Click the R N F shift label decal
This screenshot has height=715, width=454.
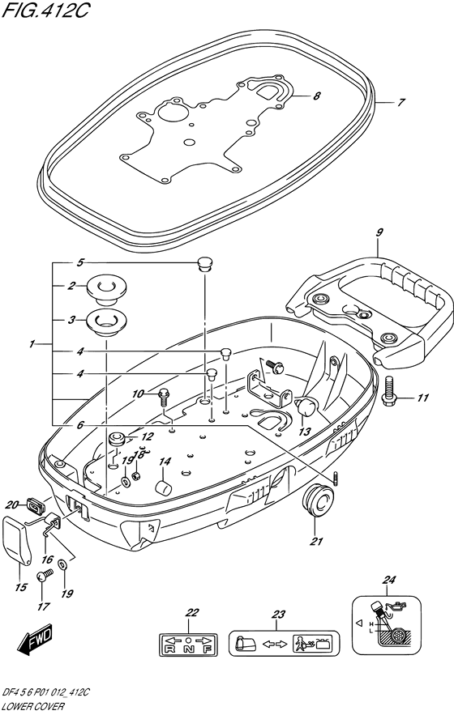coord(188,644)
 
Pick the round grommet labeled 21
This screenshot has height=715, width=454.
coord(316,500)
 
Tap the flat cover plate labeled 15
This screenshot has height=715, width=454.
coord(19,540)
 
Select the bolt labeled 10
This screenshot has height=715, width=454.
coord(163,395)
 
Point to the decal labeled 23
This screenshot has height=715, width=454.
coord(284,644)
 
